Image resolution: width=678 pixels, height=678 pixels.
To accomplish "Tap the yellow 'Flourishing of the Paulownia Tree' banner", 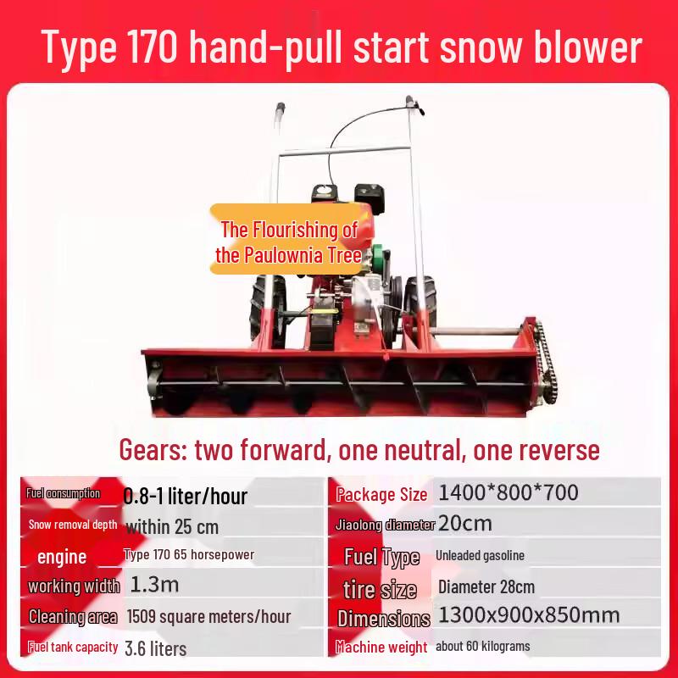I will (289, 242).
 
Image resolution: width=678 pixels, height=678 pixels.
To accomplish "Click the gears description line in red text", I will (359, 450).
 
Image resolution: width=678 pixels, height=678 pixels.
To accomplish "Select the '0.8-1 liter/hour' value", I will (186, 495).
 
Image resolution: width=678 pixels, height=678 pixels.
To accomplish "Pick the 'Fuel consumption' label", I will (63, 493).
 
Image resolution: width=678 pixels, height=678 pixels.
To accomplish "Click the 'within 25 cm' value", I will (172, 526).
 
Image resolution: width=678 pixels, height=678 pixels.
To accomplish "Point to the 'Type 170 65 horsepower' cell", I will (189, 555).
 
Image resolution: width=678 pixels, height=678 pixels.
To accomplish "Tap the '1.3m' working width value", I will (154, 585).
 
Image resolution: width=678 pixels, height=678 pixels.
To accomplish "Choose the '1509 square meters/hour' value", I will (208, 616).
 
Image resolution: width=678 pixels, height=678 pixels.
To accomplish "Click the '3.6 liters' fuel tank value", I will (155, 647).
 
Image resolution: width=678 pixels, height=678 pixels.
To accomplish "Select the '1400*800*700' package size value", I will (508, 492).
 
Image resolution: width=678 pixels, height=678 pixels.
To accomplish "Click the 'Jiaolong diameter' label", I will (385, 525).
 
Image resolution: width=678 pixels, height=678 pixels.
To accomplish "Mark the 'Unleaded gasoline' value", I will (480, 555).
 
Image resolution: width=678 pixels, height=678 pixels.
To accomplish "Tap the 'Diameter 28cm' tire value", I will (486, 586).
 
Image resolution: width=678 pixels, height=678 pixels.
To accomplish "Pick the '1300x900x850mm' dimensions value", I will (529, 616).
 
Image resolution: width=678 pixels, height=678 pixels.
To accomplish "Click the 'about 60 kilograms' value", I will (483, 647).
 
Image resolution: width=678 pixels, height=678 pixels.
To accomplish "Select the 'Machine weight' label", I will (381, 647).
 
